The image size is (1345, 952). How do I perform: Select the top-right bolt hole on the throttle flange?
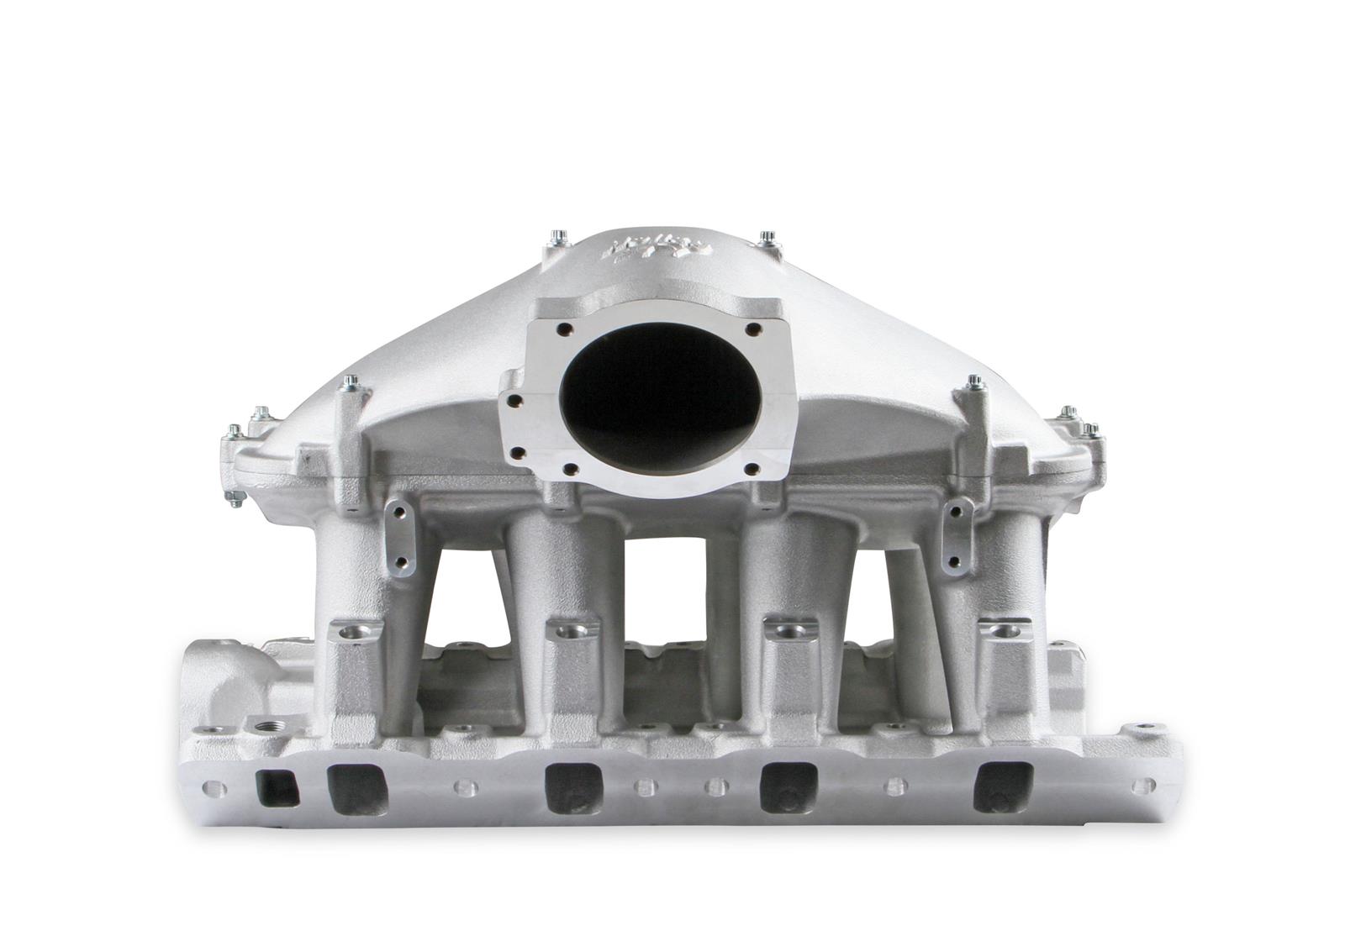click(752, 330)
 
